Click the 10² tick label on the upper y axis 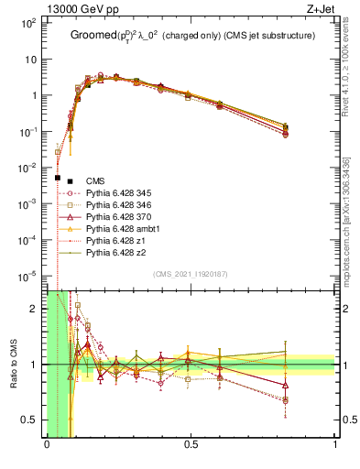pos(30,23)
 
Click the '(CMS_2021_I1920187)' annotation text pos(190,274)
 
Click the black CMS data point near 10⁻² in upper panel pos(58,178)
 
